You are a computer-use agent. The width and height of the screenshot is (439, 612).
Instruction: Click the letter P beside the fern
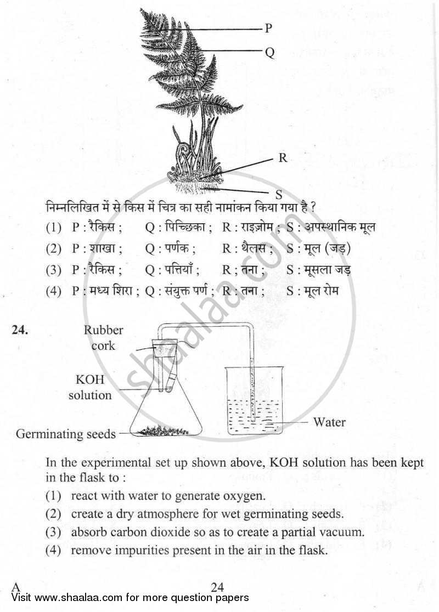point(268,29)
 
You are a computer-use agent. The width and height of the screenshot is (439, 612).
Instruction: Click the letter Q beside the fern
point(269,52)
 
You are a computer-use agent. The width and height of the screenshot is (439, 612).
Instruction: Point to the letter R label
point(283,158)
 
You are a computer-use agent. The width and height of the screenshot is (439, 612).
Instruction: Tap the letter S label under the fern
point(278,194)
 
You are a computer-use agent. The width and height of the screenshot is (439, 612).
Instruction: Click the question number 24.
point(19,330)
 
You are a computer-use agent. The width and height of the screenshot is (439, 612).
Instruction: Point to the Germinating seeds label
point(66,434)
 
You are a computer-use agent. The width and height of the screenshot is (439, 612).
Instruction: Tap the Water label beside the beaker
point(329,422)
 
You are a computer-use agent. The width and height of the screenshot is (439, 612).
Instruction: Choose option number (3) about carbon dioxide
point(53,531)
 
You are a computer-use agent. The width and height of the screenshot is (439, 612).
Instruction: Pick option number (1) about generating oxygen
point(53,496)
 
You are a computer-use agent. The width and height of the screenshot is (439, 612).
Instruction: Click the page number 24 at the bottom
point(218,587)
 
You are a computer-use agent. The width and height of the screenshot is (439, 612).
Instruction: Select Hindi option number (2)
point(53,248)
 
